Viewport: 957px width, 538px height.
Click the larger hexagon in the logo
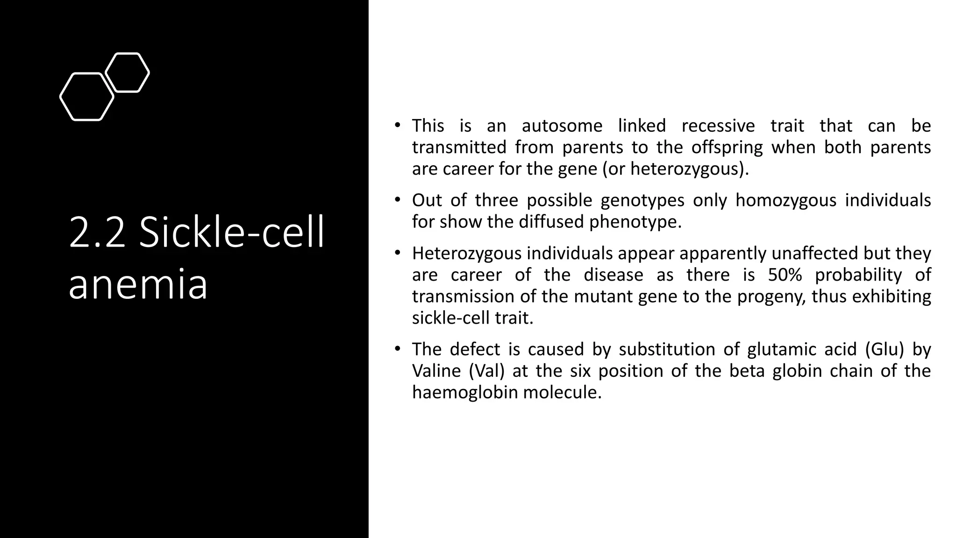(87, 97)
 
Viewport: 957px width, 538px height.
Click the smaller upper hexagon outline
(128, 72)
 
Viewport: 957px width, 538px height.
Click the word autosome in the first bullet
(562, 126)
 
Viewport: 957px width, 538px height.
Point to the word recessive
(718, 126)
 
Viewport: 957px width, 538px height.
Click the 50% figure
(785, 275)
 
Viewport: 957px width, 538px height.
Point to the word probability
(858, 275)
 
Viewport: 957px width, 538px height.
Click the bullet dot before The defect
(397, 349)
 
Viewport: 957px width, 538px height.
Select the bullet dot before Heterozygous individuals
(397, 253)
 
